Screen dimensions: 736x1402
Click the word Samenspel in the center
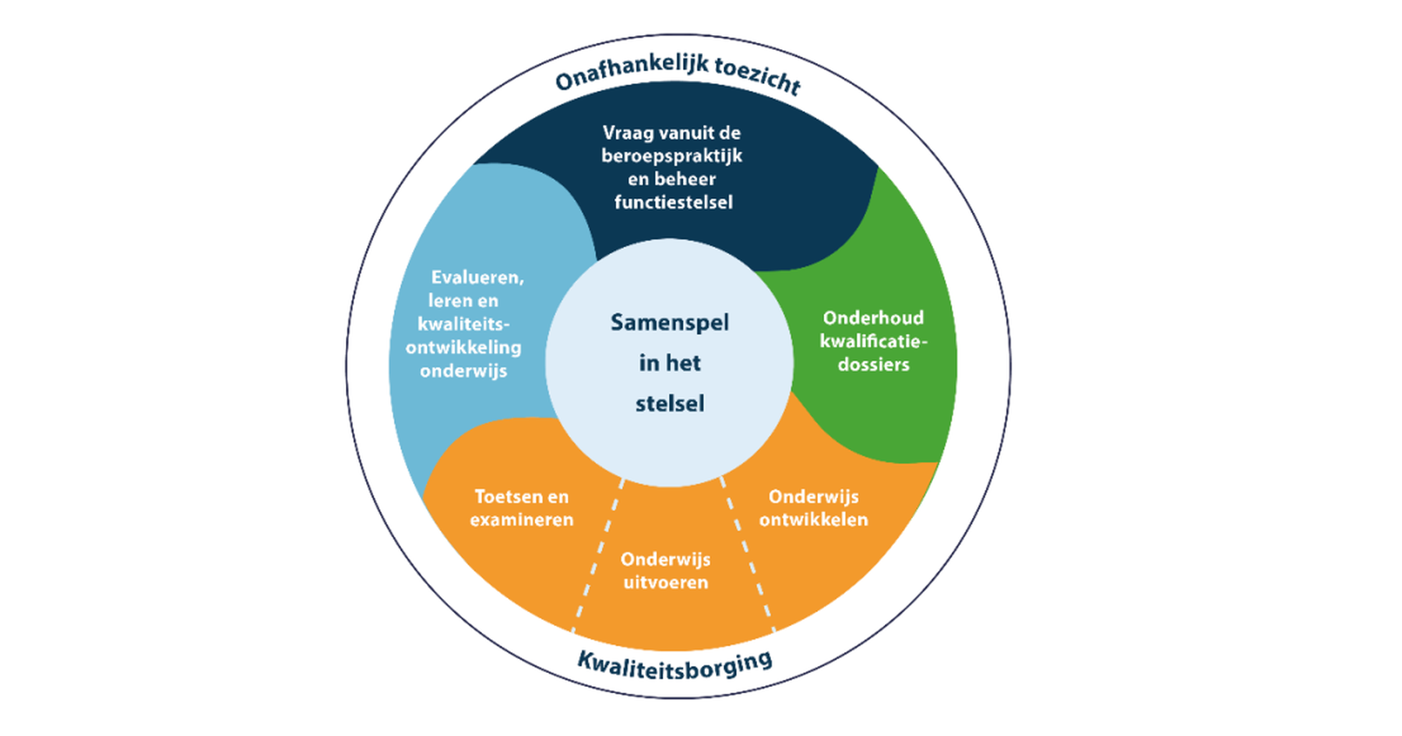[669, 323]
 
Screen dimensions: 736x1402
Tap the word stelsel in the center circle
[669, 403]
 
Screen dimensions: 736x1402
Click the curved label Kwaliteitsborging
[675, 664]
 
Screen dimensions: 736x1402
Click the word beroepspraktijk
[671, 156]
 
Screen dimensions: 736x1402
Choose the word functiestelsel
[673, 202]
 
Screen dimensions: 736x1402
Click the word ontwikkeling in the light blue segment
[463, 347]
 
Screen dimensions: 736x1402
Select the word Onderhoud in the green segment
[873, 318]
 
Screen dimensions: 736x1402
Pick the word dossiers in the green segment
[873, 364]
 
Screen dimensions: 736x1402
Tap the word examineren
[521, 519]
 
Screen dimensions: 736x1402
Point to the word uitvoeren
[665, 583]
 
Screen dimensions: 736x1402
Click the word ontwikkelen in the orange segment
[813, 519]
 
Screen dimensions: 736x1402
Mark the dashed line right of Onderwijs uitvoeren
[747, 553]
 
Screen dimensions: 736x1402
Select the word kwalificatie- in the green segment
[873, 341]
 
